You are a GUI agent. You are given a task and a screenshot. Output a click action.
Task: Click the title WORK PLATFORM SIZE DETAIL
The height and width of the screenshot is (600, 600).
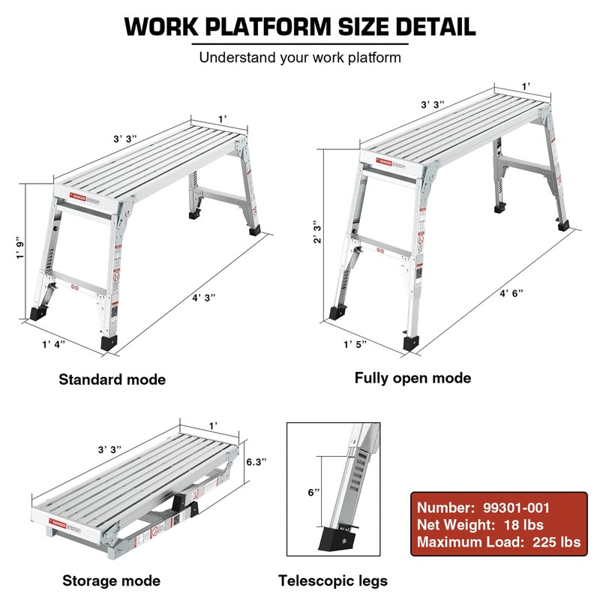tap(300, 25)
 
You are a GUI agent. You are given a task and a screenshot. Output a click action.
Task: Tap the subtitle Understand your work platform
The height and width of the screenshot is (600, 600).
tap(300, 58)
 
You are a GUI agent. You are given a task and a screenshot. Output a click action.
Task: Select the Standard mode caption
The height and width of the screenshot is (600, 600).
tap(112, 379)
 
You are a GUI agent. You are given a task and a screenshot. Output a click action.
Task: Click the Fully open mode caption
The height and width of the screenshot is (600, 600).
tap(413, 378)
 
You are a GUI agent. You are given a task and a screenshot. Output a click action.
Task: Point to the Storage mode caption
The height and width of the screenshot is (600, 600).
tap(111, 580)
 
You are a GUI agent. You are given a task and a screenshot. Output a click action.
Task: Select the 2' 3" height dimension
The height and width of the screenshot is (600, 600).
tap(317, 232)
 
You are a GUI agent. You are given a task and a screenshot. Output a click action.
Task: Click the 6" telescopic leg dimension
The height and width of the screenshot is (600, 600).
tap(314, 493)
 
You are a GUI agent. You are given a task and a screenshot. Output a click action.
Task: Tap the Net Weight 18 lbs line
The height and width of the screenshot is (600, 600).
tap(480, 524)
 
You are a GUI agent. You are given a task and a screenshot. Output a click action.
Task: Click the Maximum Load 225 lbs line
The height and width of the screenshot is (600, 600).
tap(498, 542)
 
